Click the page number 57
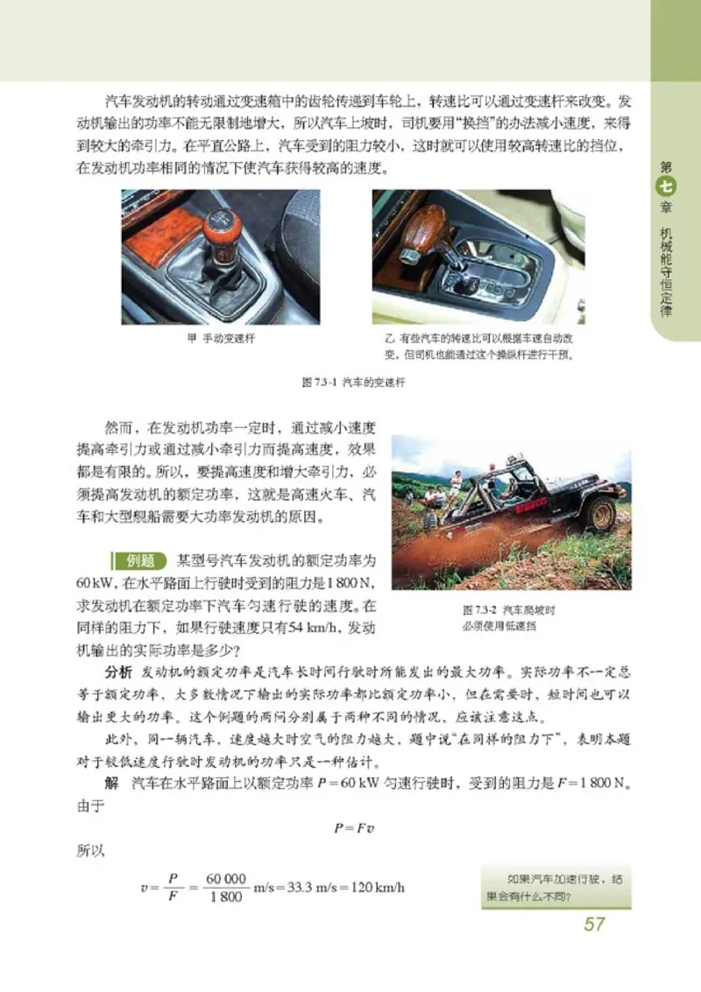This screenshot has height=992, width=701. click(x=594, y=924)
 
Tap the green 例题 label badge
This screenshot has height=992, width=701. click(x=138, y=560)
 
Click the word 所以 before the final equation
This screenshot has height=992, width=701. click(x=84, y=848)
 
